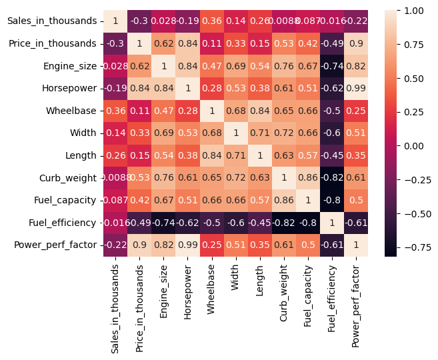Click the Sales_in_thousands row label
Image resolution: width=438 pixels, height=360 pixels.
point(51,21)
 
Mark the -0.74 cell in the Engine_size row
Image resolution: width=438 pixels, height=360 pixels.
point(331,66)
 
